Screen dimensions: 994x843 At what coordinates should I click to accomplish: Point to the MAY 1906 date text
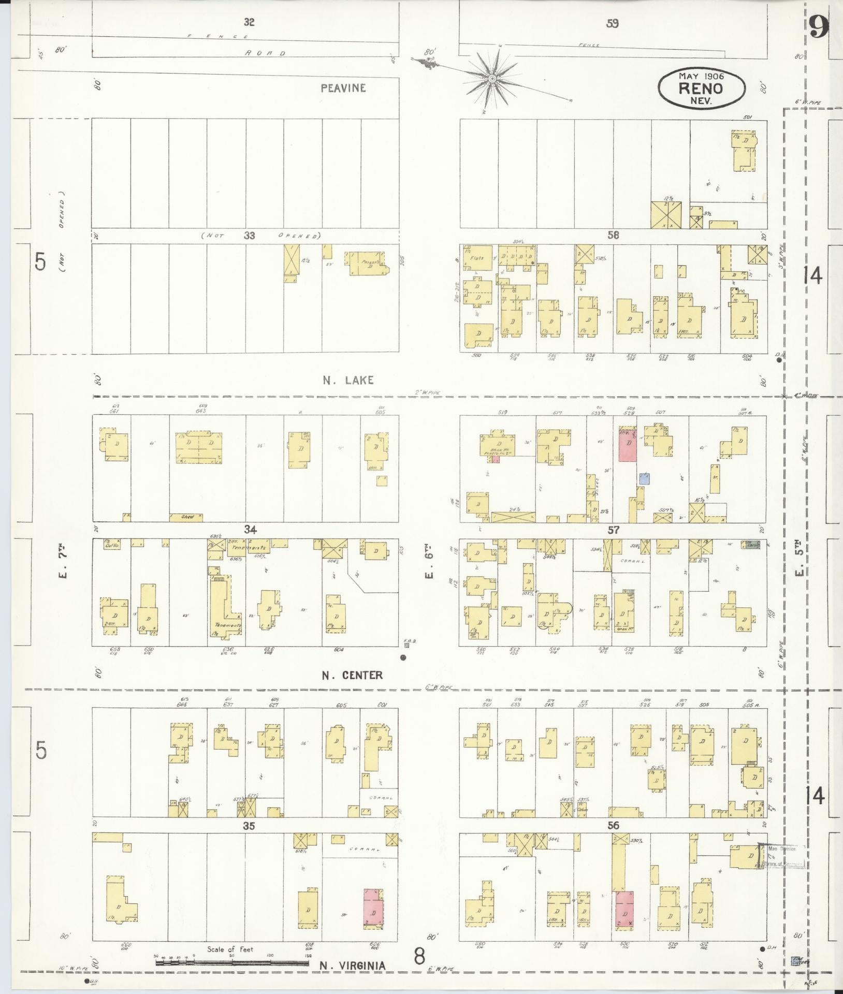pyautogui.click(x=701, y=76)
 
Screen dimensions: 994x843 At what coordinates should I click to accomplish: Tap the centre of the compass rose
pyautogui.click(x=492, y=79)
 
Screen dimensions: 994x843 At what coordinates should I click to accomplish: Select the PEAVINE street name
pyautogui.click(x=343, y=88)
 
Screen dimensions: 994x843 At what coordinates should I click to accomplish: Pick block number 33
pyautogui.click(x=250, y=236)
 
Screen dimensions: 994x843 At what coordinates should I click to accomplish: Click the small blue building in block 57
pyautogui.click(x=644, y=478)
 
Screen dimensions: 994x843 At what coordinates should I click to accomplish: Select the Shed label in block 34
pyautogui.click(x=187, y=517)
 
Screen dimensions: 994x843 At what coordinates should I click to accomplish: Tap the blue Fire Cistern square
pyautogui.click(x=795, y=960)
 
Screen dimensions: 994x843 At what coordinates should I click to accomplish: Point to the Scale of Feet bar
pyautogui.click(x=233, y=963)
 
